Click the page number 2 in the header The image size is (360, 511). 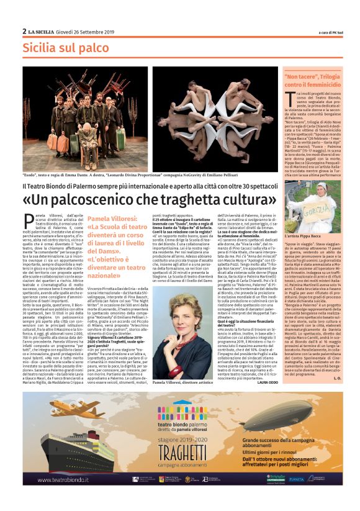(24, 31)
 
